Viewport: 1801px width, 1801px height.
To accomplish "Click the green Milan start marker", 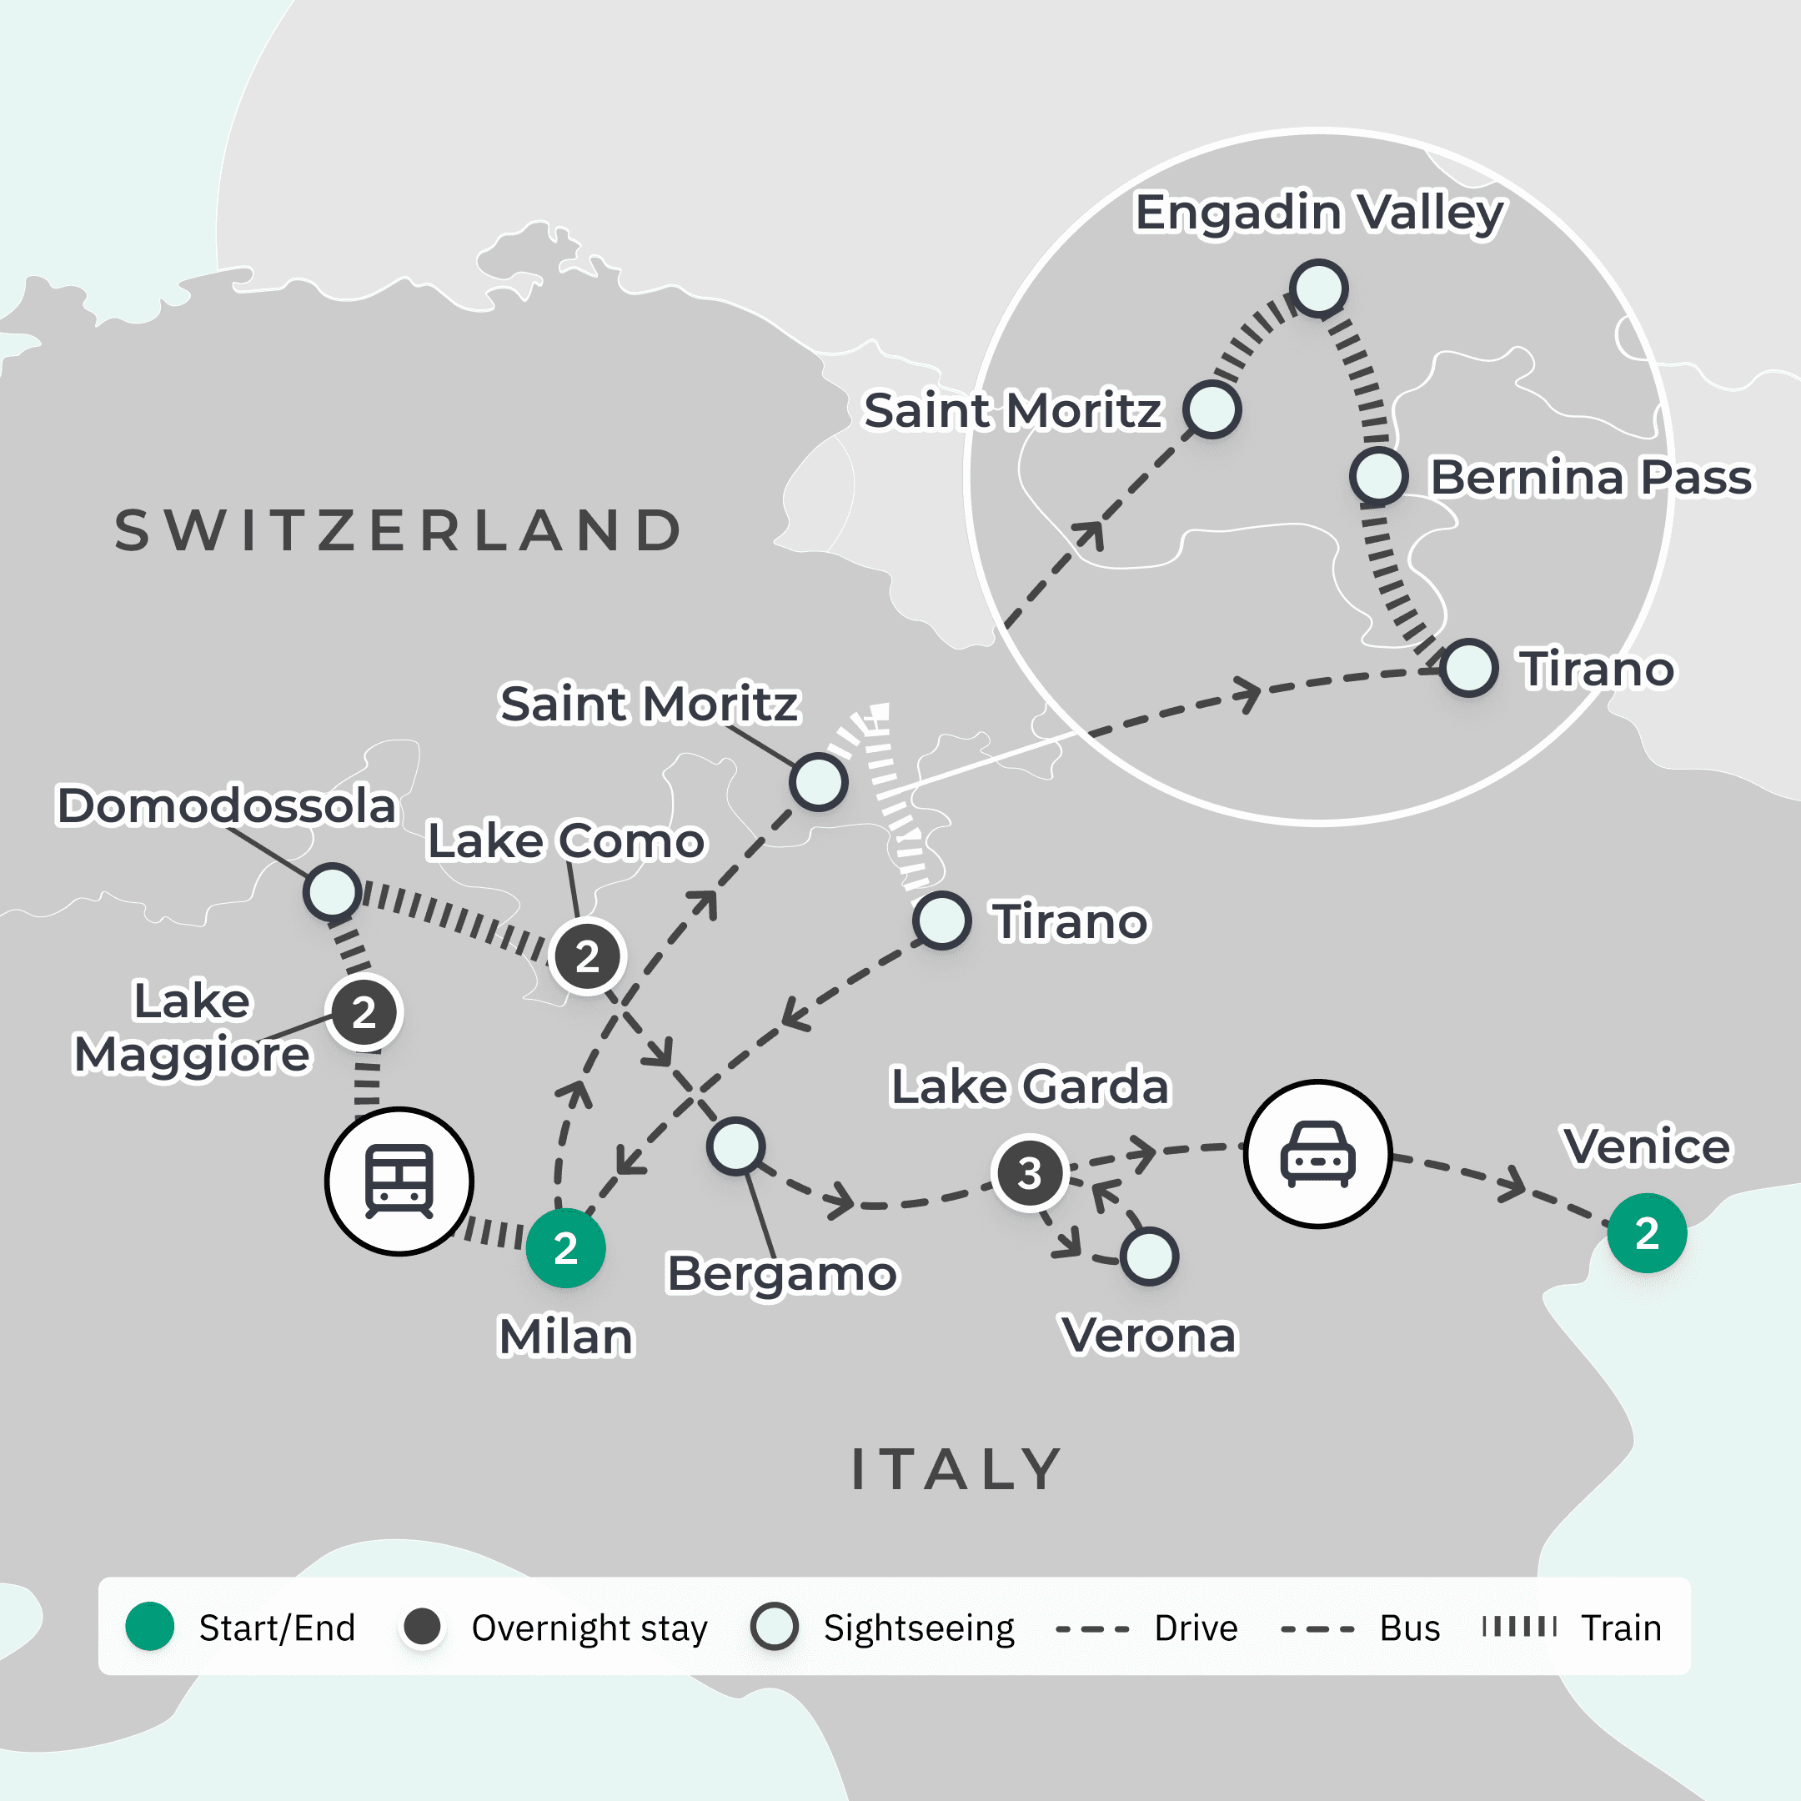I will coord(565,1247).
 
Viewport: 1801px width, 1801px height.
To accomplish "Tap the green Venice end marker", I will coord(1646,1232).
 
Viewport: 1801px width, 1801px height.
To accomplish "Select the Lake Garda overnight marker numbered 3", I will coord(1029,1172).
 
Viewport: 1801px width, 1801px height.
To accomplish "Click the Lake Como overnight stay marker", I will coord(586,956).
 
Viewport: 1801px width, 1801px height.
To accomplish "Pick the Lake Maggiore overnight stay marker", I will coord(364,1012).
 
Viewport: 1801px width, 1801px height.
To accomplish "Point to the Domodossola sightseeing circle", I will coord(332,891).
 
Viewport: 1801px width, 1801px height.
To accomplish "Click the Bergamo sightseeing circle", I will coord(735,1146).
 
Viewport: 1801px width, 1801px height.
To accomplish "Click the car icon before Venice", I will coord(1317,1154).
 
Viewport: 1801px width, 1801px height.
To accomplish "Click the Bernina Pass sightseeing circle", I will coord(1377,476).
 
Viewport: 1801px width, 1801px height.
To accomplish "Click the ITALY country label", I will coord(956,1469).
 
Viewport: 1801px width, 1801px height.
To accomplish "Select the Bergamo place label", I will coord(782,1273).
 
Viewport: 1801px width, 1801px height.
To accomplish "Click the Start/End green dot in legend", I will coord(149,1627).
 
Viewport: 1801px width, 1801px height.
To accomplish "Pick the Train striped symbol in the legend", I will coord(1519,1627).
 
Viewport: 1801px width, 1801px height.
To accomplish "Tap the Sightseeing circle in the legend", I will coord(774,1627).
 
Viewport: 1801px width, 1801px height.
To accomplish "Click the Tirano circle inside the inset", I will coord(1468,667).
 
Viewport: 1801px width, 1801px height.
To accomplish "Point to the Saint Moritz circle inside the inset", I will coord(1211,409).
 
